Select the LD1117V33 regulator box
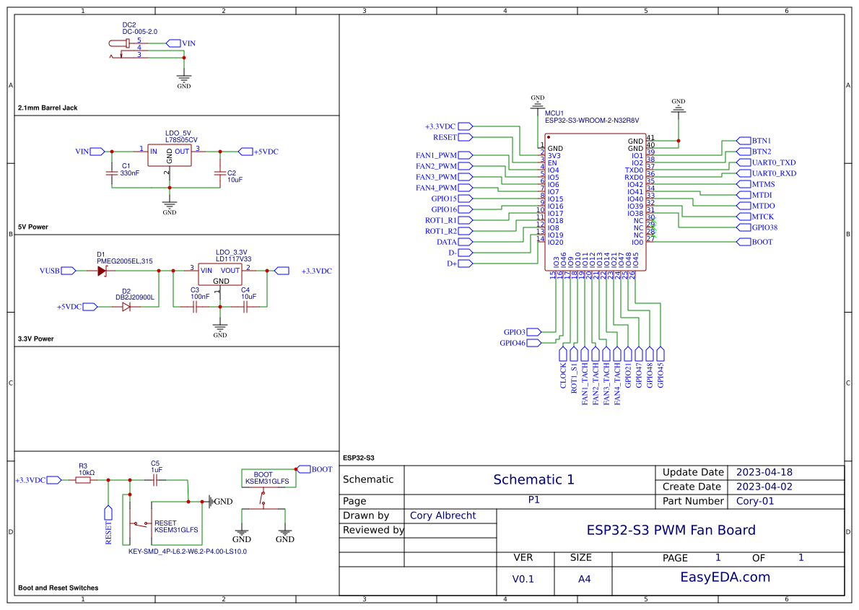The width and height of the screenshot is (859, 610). pos(220,274)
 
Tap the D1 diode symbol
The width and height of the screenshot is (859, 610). pos(102,271)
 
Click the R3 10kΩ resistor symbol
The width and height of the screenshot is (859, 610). pos(83,479)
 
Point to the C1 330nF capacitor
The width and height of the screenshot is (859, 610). pos(112,173)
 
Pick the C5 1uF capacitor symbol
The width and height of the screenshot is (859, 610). pos(155,479)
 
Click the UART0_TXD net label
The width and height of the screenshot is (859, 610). pos(774,162)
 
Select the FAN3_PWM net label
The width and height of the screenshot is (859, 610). pos(436,177)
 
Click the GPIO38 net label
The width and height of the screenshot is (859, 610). pos(764,227)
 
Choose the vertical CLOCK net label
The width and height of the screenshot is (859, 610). pos(563,375)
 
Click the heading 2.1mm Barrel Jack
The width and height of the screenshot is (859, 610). pos(48,108)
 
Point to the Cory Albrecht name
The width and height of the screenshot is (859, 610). pos(441,515)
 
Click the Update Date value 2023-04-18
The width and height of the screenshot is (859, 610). pos(764,472)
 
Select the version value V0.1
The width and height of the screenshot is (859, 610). pos(523,579)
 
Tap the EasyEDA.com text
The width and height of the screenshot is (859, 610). pos(725,577)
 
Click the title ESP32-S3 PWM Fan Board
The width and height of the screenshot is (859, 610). pos(671,530)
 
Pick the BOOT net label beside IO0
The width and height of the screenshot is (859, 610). pos(762,242)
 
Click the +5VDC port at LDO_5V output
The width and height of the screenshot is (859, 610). pos(265,152)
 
